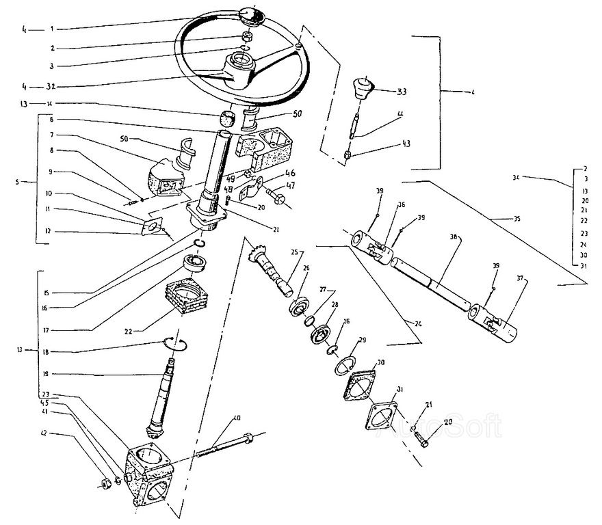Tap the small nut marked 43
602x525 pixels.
pos(348,155)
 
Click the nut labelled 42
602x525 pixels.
pos(107,484)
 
